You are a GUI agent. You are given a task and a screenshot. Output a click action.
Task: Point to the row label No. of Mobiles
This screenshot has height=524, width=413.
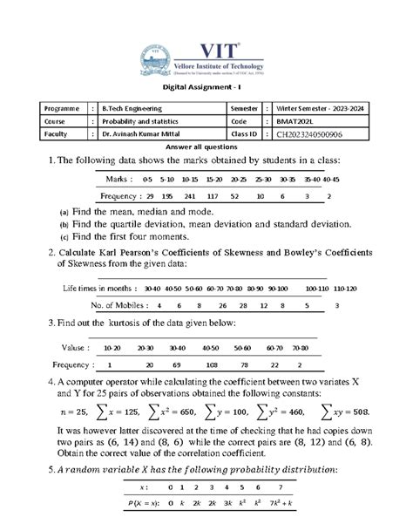pos(116,305)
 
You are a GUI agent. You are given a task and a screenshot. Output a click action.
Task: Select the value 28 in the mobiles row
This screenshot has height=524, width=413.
pos(241,305)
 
